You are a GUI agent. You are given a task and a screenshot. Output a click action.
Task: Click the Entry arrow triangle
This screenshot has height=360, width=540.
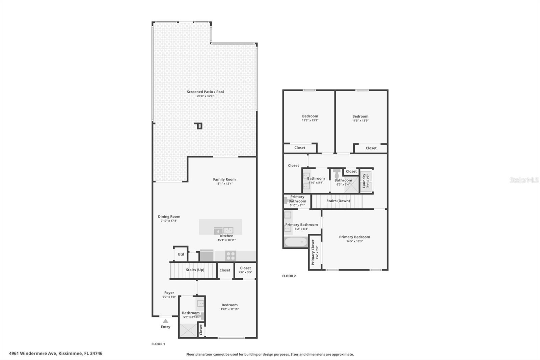point(165,321)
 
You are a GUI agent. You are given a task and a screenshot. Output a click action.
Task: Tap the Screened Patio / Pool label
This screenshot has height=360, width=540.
point(206,92)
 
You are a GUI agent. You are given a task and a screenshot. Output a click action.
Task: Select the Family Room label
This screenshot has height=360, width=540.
point(224,179)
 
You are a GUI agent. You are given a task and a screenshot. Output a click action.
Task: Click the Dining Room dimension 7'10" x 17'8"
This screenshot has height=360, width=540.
point(169,221)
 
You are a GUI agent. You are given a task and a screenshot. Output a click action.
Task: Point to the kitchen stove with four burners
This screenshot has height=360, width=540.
point(231,256)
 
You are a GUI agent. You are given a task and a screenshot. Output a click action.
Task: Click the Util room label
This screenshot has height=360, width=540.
point(181,254)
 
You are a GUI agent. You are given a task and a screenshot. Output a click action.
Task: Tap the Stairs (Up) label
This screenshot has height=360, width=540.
point(195,270)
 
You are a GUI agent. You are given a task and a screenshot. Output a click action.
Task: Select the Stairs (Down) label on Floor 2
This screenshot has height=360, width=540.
point(338,201)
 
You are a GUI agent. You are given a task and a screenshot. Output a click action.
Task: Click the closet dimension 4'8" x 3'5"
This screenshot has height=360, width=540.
point(245,272)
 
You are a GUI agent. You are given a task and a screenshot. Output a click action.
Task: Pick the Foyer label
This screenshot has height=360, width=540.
point(169,293)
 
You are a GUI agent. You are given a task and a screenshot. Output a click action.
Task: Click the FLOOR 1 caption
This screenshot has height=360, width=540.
point(158,344)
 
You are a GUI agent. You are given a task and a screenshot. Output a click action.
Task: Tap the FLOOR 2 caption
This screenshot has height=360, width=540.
point(289,276)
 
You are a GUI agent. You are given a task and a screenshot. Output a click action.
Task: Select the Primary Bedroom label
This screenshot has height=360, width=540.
point(354,237)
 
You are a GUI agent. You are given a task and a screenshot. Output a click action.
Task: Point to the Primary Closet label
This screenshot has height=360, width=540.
point(313,252)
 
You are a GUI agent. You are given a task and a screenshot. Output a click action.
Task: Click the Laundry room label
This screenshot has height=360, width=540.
point(364,181)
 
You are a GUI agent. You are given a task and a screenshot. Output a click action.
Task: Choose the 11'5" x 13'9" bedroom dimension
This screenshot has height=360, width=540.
point(360,121)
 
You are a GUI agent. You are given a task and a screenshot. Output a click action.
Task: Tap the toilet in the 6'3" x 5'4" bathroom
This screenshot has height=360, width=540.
point(337,174)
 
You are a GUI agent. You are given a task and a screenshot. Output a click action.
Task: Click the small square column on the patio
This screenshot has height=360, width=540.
point(199,126)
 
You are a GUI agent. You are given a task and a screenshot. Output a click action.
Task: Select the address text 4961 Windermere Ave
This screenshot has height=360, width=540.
point(33,354)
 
